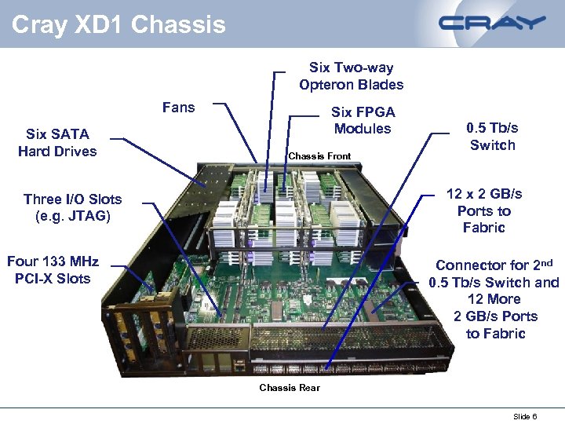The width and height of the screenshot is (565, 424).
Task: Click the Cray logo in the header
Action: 492,23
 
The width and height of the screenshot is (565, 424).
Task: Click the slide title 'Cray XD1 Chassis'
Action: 118,24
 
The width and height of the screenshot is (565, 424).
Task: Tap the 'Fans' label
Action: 178,108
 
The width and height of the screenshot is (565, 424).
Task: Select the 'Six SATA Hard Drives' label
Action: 57,143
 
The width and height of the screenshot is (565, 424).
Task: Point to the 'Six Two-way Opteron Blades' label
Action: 351,76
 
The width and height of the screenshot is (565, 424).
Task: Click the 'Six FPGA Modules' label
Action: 363,120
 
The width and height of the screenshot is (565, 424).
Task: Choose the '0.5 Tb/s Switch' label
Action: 492,136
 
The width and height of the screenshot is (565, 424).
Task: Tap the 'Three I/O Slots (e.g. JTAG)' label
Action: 73,207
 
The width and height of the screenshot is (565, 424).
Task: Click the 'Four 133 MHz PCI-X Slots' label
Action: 53,269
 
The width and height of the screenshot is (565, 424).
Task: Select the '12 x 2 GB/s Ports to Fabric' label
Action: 484,210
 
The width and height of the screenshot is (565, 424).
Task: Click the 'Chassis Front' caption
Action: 319,156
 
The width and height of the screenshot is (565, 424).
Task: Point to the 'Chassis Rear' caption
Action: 290,388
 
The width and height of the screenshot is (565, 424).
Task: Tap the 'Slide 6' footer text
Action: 525,416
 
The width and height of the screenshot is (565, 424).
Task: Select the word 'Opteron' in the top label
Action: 350,85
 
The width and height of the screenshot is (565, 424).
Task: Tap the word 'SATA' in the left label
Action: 69,134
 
